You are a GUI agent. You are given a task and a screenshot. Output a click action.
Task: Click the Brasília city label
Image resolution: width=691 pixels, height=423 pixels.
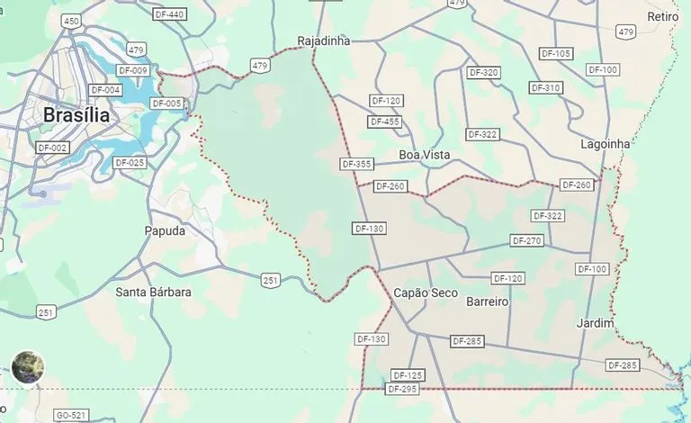(76, 115)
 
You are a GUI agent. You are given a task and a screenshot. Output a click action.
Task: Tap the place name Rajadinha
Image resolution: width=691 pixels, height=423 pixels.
(324, 40)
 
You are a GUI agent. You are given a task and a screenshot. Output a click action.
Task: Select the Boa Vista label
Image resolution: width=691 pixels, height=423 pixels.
(424, 155)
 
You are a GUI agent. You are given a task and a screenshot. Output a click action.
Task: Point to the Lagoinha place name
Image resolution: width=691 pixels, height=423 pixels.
(606, 143)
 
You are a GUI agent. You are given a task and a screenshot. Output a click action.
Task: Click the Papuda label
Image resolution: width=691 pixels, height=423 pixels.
(165, 230)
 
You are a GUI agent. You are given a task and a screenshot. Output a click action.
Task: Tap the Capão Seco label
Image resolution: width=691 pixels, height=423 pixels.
(426, 292)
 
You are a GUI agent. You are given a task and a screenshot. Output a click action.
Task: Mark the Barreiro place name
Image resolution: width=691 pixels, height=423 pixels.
(488, 301)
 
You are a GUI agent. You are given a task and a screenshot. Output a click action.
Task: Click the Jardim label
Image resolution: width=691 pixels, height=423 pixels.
(596, 322)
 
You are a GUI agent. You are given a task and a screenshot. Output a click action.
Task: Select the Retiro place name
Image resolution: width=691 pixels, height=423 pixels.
(663, 17)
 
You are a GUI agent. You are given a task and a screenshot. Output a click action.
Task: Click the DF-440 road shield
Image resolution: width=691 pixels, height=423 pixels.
(169, 14)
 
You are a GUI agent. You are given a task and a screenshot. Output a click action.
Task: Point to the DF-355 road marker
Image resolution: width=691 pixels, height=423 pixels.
(357, 164)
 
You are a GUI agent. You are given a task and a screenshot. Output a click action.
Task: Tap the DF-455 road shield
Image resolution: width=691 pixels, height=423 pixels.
(385, 121)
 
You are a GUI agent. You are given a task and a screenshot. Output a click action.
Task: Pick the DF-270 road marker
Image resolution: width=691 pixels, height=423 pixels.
(527, 240)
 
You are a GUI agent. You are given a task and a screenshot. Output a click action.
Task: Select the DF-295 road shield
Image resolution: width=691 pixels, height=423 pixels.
(402, 389)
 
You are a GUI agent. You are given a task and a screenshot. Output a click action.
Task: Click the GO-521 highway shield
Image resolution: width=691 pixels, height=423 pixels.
(71, 415)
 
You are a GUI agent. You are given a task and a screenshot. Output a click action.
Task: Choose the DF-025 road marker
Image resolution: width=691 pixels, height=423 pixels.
(130, 163)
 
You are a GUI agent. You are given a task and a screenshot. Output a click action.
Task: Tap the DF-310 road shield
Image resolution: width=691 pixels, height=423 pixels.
(546, 87)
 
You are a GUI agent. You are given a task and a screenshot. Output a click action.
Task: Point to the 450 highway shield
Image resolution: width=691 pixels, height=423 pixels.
(72, 20)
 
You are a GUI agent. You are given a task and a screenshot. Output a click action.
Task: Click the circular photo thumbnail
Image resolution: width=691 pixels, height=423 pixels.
(28, 367)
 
